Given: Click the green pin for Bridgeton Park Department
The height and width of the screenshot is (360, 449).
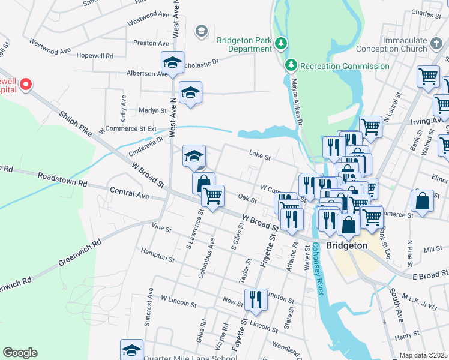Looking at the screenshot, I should (280, 43).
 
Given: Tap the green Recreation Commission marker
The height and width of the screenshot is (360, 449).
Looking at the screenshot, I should (291, 65).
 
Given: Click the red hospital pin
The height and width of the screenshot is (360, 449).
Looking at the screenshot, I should (25, 85).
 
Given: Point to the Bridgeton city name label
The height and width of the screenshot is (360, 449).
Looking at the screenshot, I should (346, 245).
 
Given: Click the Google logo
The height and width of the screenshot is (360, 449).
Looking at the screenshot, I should (20, 353).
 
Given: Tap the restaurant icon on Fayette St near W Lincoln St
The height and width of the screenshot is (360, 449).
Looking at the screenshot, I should (256, 298).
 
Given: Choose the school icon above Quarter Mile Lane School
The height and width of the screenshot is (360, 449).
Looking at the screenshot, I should (131, 349).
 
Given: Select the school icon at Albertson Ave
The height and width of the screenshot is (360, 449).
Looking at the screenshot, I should (172, 62).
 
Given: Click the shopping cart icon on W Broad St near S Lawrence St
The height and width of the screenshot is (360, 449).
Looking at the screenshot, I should (212, 195).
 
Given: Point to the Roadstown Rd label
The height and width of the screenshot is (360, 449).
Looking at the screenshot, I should (62, 178).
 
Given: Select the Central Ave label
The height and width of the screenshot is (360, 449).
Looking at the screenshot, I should (129, 193).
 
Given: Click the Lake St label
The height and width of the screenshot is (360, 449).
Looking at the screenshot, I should (260, 158).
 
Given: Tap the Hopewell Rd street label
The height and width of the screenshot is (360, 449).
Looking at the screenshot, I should (95, 55).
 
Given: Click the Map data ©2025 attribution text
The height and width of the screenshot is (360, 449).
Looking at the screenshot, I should (423, 355).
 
